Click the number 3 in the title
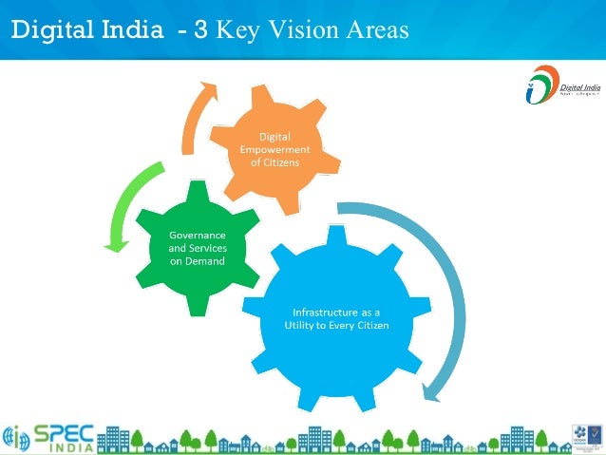200,30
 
